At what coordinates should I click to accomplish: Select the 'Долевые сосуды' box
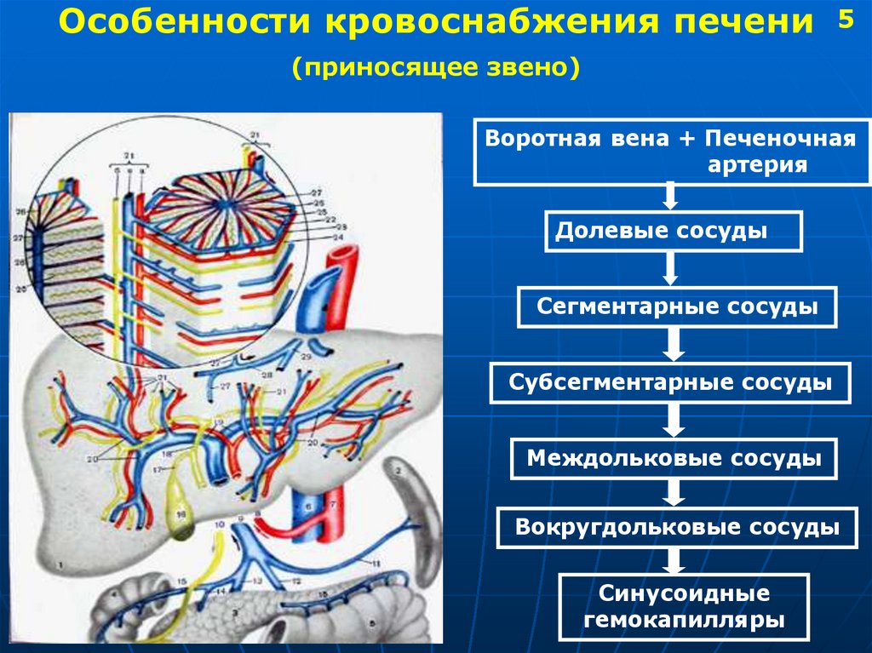[674, 232]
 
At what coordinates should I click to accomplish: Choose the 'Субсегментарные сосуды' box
[670, 382]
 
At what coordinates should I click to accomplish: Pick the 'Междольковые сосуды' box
[674, 459]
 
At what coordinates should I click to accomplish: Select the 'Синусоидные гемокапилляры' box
[684, 607]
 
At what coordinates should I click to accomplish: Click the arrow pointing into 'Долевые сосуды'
[670, 198]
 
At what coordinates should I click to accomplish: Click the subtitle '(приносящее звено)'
[436, 67]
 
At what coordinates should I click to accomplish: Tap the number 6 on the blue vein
[307, 506]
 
